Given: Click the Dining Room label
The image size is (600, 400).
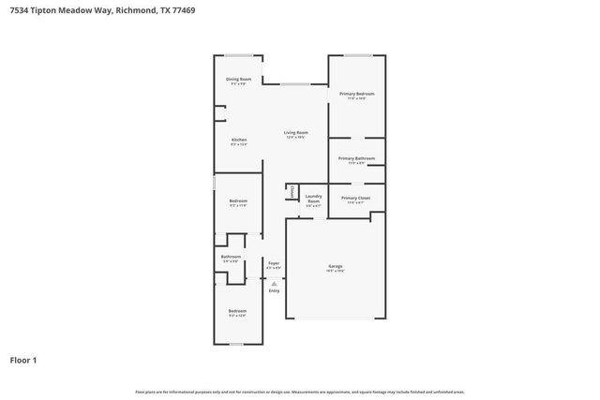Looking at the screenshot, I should tap(238, 81).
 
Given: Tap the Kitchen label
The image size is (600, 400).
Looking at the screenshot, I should tap(238, 141).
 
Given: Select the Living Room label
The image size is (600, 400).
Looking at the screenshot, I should tap(296, 134).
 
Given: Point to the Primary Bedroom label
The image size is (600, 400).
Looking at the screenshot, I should tap(356, 95).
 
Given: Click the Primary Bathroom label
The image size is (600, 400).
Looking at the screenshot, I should tap(356, 159).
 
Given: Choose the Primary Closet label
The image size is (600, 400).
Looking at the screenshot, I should tap(355, 200).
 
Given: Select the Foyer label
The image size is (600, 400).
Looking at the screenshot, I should tap(274, 264).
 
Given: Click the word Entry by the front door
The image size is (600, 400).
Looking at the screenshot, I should tap(274, 290).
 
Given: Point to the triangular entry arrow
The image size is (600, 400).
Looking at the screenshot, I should tap(274, 281).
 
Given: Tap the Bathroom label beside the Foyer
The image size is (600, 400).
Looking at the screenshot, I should tap(231, 258).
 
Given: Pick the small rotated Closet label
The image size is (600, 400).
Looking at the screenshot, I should tap(292, 192).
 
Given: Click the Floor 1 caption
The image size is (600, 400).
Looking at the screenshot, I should tap(23, 360).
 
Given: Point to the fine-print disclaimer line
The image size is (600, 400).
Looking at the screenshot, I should tap(299, 392).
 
